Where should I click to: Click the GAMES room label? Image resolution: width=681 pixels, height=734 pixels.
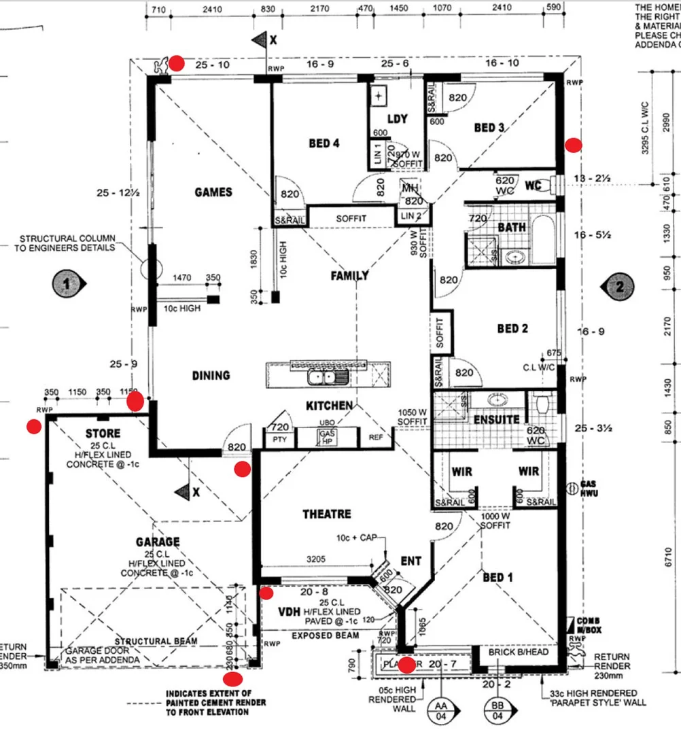[213, 192]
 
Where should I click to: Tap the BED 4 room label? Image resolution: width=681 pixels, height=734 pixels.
[324, 143]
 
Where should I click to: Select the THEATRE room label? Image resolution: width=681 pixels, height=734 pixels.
[327, 514]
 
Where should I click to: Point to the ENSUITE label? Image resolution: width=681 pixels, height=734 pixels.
[497, 420]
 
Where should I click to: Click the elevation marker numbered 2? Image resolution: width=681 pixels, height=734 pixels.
[618, 286]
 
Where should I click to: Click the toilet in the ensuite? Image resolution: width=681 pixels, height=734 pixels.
[543, 405]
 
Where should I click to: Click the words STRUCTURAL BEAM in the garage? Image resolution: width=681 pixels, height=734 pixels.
[156, 641]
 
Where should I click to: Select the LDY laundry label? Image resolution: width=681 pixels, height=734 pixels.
[397, 119]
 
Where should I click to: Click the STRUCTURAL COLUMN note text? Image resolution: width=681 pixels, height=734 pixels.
[67, 243]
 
